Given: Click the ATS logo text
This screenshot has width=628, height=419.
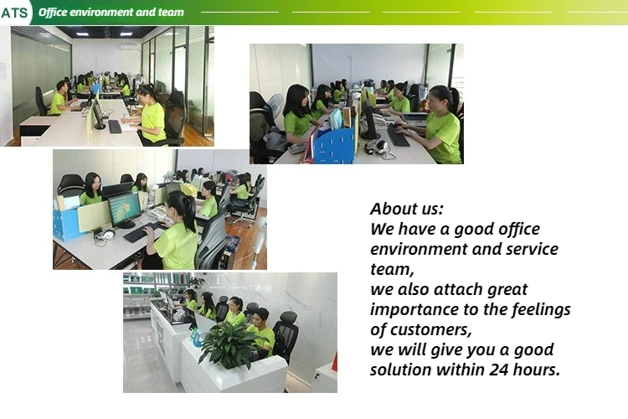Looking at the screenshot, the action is tap(14, 13).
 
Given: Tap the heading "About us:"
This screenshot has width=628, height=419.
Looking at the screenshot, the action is tap(406, 209).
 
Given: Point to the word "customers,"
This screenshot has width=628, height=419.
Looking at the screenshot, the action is tap(430, 329).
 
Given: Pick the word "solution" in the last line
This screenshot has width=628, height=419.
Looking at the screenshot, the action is tap(400, 370).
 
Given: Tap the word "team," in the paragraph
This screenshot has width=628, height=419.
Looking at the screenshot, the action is tap(392, 270).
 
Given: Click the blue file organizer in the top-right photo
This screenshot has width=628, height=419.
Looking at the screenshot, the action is tap(333, 147).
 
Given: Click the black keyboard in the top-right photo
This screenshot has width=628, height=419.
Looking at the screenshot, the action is tap(398, 136).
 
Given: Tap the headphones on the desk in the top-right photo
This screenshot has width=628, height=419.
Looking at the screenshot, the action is tap(378, 147).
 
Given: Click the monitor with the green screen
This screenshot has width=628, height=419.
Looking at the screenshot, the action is tap(125, 210).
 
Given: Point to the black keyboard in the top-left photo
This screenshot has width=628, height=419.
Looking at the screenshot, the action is tap(115, 127).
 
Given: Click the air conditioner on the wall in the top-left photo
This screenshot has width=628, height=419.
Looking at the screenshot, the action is tap(130, 47).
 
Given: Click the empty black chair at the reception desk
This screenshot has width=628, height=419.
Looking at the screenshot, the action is tap(286, 336).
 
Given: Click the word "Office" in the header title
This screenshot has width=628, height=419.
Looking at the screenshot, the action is tap(53, 12).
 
